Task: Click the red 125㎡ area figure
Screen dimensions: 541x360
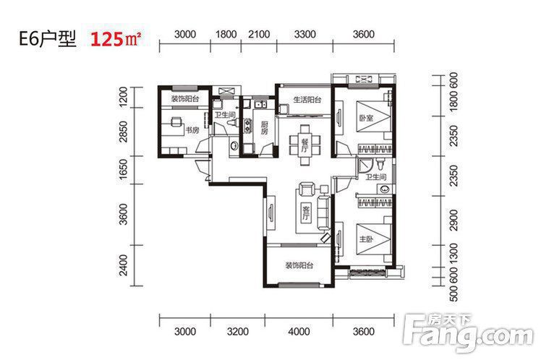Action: point(116,39)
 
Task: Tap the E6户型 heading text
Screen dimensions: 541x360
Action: point(47,39)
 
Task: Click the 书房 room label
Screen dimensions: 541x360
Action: point(192,130)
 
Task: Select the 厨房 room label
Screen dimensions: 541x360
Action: point(264,127)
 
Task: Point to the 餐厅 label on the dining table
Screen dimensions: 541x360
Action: point(304,145)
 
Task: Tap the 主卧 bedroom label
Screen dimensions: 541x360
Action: point(366,239)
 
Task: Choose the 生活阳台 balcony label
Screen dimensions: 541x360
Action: point(307,100)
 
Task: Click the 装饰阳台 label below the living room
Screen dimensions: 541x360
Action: point(299,265)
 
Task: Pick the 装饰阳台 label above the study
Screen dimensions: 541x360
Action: point(185,99)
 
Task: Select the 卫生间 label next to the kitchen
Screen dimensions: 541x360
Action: point(225,114)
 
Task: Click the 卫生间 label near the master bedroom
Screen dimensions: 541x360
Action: point(375,177)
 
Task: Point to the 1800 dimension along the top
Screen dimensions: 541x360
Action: point(226,35)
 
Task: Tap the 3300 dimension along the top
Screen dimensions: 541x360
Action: point(305,35)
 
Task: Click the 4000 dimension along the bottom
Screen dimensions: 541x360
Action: point(299,332)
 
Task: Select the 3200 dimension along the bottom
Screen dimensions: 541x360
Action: point(238,332)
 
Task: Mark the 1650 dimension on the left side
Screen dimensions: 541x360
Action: point(123,170)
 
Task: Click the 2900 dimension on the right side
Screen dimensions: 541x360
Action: point(454,220)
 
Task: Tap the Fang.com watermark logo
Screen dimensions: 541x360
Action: point(469,332)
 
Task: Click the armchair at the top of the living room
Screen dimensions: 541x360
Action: point(306,189)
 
